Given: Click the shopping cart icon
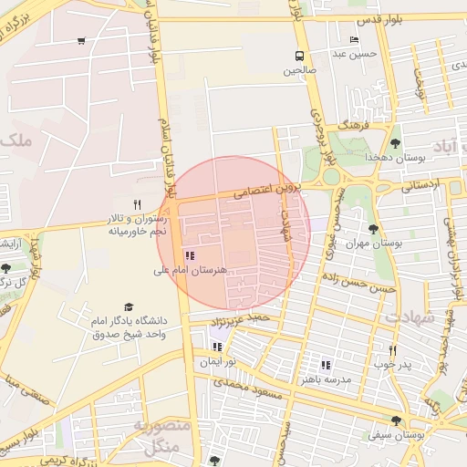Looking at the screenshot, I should [82, 41].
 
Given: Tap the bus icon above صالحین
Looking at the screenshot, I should [298, 55].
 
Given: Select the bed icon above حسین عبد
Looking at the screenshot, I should [354, 40].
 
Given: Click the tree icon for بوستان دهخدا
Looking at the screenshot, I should [395, 143].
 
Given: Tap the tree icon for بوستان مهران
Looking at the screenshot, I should [373, 229].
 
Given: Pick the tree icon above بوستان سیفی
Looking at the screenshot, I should [395, 420].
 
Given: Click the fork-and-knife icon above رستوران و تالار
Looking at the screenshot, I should [137, 204].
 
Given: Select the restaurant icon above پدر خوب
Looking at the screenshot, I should [393, 350].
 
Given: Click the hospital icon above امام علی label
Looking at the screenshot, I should [190, 257].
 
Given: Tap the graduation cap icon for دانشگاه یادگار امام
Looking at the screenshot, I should [129, 307].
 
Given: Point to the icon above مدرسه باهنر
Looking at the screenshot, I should [326, 365].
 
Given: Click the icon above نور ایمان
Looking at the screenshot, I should [217, 347].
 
